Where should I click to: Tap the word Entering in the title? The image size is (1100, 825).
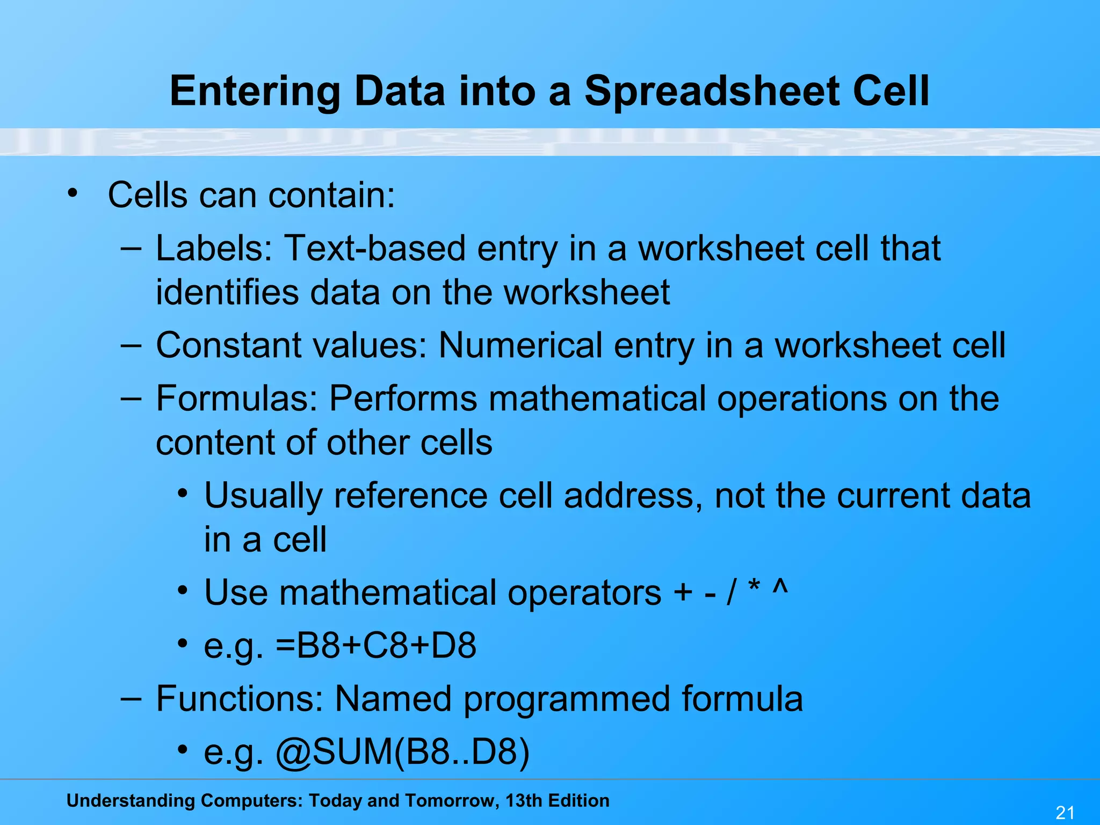pyautogui.click(x=255, y=91)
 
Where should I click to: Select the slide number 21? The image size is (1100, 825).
pyautogui.click(x=1065, y=813)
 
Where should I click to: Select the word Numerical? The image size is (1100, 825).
pyautogui.click(x=520, y=345)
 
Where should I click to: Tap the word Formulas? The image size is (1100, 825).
pyautogui.click(x=237, y=399)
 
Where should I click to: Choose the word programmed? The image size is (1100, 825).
pyautogui.click(x=567, y=699)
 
